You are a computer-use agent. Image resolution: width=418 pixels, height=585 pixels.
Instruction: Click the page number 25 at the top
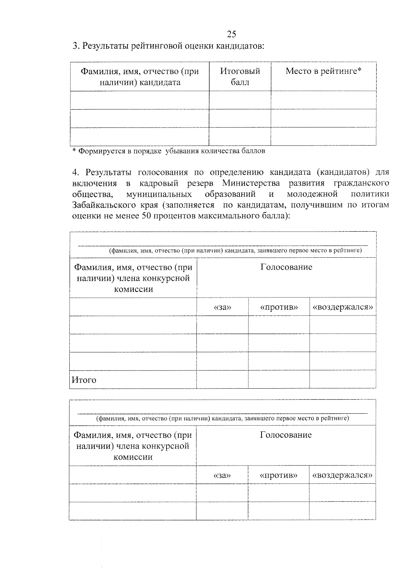tap(231, 34)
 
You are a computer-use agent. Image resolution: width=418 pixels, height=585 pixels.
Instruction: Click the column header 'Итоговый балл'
tap(240, 77)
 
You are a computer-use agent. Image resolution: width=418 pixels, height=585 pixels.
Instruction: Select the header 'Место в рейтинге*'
tap(323, 71)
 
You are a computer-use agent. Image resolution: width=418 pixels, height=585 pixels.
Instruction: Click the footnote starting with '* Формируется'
tap(168, 151)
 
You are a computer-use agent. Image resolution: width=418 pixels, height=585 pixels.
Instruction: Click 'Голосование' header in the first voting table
tap(286, 267)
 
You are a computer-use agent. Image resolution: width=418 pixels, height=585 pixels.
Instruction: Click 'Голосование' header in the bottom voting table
tap(286, 435)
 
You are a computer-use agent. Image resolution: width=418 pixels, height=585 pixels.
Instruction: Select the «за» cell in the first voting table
tap(222, 307)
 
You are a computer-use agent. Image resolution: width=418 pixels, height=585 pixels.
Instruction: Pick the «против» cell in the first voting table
tap(279, 307)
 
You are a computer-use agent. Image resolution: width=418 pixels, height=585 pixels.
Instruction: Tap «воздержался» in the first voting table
tap(343, 307)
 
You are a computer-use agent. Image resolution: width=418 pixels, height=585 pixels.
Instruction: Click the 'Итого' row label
tap(84, 380)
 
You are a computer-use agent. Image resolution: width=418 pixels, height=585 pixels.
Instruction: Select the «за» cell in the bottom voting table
tap(222, 475)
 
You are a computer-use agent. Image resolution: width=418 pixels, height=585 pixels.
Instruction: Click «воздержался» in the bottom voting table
tap(342, 475)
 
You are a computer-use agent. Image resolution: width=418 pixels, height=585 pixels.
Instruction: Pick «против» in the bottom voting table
tap(278, 475)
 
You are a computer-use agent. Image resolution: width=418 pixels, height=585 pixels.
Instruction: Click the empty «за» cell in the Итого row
tap(222, 379)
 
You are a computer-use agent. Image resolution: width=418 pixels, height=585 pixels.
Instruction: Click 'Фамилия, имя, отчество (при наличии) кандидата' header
tap(140, 77)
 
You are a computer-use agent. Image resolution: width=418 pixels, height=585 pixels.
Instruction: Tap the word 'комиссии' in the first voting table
tap(133, 289)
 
